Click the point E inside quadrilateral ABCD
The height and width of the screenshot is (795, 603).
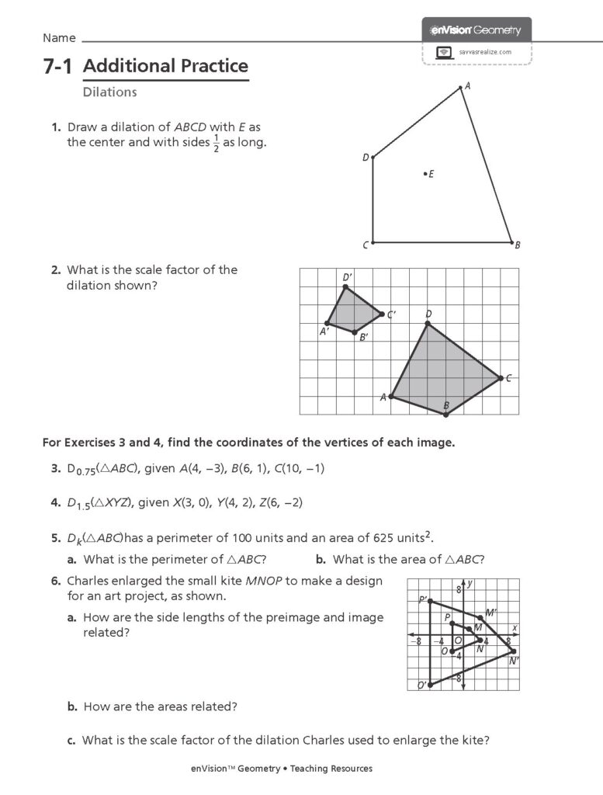pos(425,173)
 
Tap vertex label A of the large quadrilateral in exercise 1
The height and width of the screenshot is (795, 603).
pos(467,87)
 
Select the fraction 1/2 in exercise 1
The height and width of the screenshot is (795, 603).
pos(216,144)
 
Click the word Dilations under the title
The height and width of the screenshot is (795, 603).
pos(109,92)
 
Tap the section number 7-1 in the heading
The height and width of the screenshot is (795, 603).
pos(57,67)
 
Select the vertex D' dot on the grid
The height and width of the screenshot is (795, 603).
pos(345,287)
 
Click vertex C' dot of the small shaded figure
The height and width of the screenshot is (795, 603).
pos(381,314)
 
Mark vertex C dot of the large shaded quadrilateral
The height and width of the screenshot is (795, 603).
pos(500,378)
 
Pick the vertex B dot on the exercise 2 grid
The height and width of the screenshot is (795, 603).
pos(446,415)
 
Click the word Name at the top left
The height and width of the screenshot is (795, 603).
pos(59,38)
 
